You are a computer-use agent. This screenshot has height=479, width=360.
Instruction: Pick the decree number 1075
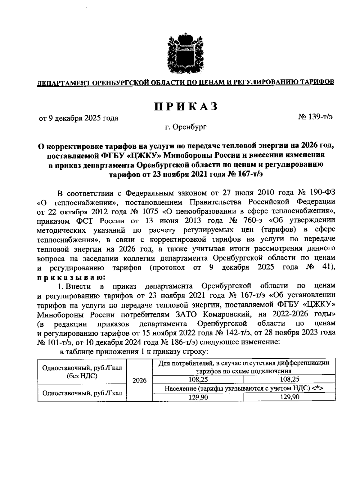click(x=149, y=211)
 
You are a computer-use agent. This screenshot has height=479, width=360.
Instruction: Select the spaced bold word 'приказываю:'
click(x=71, y=277)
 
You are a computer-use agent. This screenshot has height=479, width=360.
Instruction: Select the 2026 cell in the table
click(x=139, y=380)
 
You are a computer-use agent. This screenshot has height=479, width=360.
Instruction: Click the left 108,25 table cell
click(x=198, y=379)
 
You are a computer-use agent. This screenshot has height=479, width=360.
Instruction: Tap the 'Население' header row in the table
click(x=244, y=388)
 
